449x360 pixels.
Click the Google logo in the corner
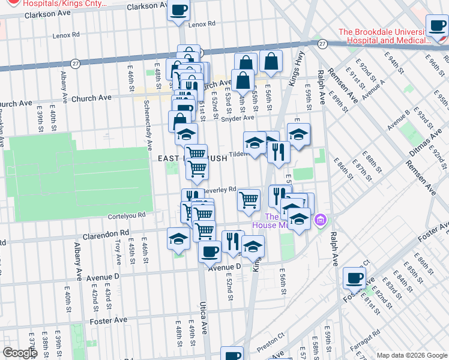pos(20,353)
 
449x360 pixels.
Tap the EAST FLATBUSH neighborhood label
pos(193,158)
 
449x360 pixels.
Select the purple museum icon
pos(322,220)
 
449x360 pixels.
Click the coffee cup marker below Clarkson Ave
pos(179,10)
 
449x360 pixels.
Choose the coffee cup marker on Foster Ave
pos(354,277)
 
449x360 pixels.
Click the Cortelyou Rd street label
pos(127,215)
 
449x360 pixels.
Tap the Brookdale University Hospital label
pos(384,37)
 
